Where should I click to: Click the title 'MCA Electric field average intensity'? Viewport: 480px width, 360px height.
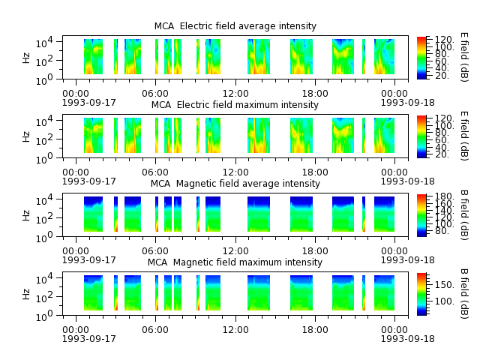(x=235, y=26)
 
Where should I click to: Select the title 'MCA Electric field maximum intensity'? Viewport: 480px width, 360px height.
(x=235, y=105)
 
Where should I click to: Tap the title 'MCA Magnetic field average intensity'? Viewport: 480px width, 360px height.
(x=235, y=183)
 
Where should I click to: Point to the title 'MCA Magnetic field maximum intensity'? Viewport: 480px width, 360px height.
(x=235, y=262)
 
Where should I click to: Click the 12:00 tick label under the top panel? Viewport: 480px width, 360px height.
(x=235, y=93)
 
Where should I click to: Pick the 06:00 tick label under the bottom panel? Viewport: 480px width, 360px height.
(x=155, y=330)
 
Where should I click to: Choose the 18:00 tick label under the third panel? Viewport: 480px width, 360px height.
(x=315, y=251)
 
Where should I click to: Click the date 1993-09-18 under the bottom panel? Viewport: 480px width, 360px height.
(x=407, y=338)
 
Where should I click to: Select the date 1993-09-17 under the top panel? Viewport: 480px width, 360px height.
(x=89, y=102)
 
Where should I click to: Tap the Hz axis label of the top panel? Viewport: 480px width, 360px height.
(x=26, y=58)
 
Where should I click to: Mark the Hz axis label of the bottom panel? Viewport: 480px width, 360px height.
(x=26, y=294)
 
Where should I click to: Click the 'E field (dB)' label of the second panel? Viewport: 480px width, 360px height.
(x=464, y=136)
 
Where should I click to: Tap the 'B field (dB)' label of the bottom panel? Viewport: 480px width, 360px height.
(x=464, y=294)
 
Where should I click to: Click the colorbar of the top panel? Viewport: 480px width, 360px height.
(x=421, y=58)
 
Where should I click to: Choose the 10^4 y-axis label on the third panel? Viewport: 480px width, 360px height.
(x=44, y=200)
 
